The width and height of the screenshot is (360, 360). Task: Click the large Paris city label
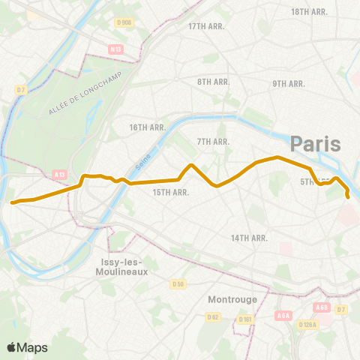pos(315,143)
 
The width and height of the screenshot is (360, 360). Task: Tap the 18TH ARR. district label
pos(310,12)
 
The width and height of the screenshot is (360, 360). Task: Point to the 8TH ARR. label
pos(213,81)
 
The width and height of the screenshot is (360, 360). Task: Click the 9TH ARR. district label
pos(288,83)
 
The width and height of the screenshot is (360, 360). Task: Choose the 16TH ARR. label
pos(146,127)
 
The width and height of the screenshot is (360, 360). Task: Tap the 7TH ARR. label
pos(212,141)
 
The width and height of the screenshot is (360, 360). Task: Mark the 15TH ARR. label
pos(169,192)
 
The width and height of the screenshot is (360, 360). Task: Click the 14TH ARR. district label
pos(249,238)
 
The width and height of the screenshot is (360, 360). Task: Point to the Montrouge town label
pos(232,298)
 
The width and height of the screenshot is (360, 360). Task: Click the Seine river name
pos(142,158)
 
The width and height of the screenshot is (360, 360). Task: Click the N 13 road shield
pos(115,49)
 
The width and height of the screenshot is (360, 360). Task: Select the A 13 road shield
pos(60,174)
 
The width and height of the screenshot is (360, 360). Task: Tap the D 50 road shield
pos(178,283)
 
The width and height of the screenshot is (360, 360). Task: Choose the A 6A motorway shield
pos(283,316)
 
